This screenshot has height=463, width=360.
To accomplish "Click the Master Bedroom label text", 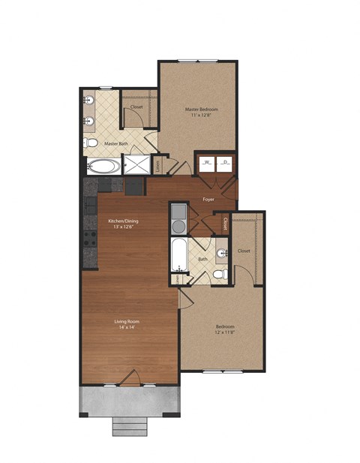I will (x=201, y=109).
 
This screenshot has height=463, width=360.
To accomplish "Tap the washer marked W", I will (x=207, y=162).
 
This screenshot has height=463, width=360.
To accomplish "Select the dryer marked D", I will (x=224, y=162).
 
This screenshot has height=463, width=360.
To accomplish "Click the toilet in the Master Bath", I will (x=90, y=143).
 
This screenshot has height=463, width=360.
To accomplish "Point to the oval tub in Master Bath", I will (x=101, y=166).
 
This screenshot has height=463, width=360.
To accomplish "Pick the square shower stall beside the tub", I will (x=136, y=165).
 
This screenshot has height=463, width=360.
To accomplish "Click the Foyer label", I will (x=208, y=199).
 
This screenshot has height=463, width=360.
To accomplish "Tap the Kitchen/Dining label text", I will (x=123, y=221).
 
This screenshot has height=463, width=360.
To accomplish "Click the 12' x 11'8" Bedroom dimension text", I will (x=225, y=334).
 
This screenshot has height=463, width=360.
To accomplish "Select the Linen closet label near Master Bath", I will (x=158, y=165).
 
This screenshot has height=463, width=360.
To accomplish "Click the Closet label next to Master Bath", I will (x=136, y=107).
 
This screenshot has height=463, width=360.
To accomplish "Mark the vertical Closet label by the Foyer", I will (x=226, y=224).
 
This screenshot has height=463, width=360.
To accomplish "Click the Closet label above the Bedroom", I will (x=244, y=251).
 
